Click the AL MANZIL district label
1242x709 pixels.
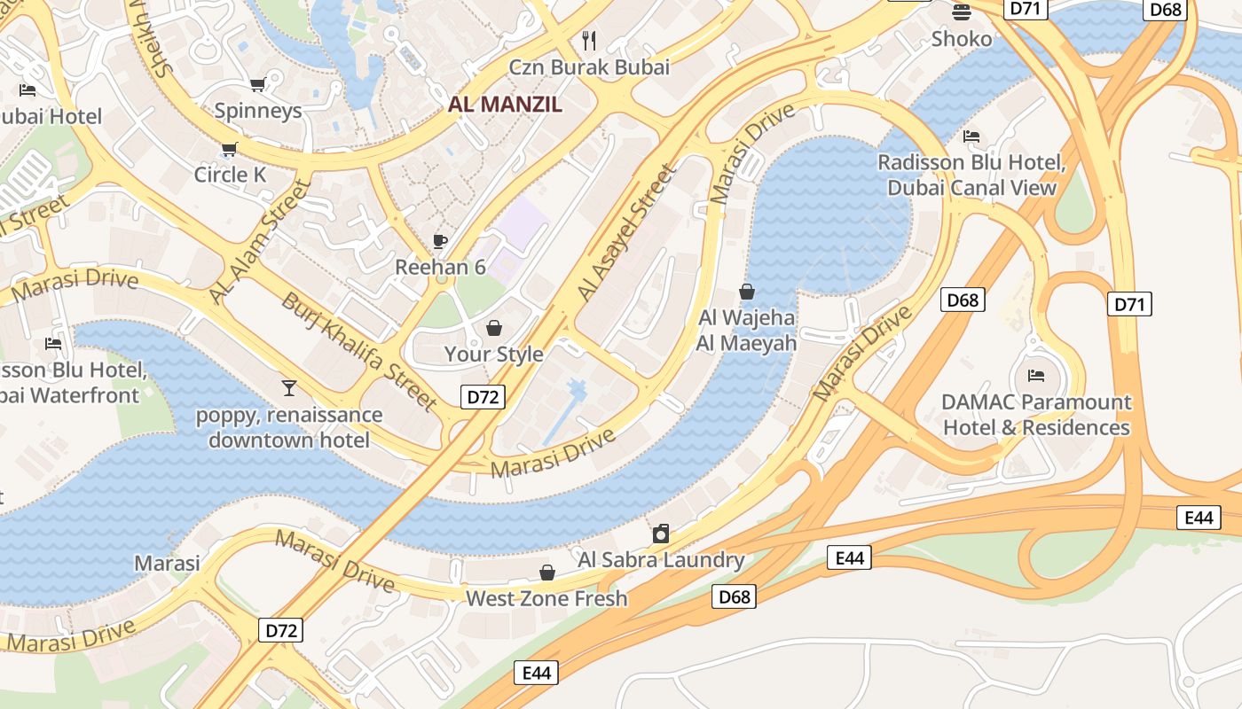(x=505, y=104)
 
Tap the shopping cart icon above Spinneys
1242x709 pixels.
(x=257, y=85)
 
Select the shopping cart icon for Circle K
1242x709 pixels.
(x=230, y=149)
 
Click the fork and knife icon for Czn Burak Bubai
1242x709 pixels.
(x=589, y=40)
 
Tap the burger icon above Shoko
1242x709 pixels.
(x=962, y=12)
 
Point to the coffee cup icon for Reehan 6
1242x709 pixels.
(x=440, y=241)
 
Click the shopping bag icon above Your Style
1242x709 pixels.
(x=494, y=329)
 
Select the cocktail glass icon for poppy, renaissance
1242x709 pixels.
(x=289, y=388)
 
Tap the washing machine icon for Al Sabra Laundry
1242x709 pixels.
(x=661, y=534)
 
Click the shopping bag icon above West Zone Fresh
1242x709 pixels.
(x=547, y=573)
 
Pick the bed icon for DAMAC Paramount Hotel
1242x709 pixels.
(x=1035, y=376)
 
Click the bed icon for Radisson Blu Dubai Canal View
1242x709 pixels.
(x=971, y=136)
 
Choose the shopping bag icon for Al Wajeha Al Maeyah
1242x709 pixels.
(x=747, y=292)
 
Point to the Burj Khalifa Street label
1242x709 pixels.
(x=359, y=352)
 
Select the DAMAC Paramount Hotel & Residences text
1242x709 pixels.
(x=1035, y=415)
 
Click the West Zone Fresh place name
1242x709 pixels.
(x=546, y=598)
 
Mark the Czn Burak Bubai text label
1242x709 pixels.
(x=589, y=66)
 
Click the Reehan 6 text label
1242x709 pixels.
(x=440, y=267)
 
